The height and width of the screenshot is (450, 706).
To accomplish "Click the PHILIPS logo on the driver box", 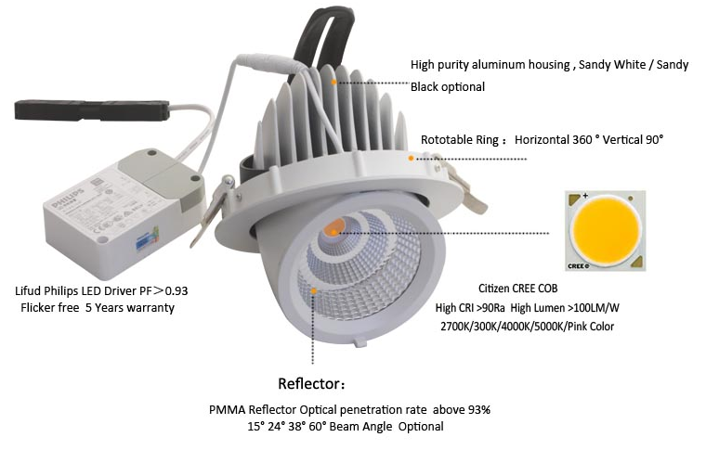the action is click(68, 198).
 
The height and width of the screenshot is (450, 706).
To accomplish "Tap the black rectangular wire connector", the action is click(92, 110).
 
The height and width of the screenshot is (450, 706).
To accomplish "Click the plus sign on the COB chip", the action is click(585, 196).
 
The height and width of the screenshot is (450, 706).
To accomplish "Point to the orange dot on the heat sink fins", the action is click(333, 82).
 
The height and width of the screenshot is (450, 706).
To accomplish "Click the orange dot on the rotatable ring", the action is click(411, 159).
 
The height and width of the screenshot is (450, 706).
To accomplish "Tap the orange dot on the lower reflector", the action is click(314, 290).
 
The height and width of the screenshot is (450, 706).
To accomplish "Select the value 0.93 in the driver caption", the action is click(176, 290).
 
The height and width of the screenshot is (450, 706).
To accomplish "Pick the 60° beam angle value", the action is click(318, 426).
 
